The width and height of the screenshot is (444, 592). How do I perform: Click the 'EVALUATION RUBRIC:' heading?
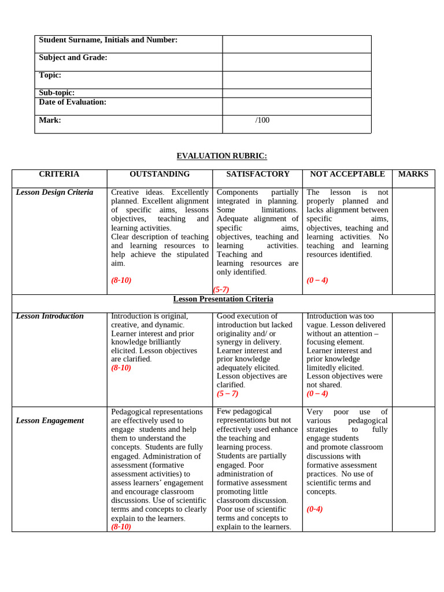pos(221,156)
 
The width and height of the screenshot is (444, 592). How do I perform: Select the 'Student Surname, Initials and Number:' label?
pos(108,40)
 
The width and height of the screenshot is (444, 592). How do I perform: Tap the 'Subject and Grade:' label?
pos(73,58)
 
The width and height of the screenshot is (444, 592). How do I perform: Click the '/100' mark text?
pos(262,120)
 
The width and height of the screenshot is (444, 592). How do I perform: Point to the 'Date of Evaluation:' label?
pos(72,102)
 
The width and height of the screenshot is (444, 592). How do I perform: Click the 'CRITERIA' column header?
pos(59,174)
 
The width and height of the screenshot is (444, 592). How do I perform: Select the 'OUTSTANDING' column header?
pos(159,174)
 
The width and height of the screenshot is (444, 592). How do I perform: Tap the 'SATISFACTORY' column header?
pos(257,174)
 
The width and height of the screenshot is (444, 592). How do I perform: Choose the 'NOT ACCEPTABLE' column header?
pos(347,174)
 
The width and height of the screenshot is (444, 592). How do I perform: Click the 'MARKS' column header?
pos(413,174)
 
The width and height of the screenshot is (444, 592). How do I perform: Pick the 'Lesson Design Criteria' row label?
pos(54,193)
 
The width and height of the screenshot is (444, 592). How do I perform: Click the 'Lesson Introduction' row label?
pos(50,316)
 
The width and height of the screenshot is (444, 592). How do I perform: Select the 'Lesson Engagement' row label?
pos(50,421)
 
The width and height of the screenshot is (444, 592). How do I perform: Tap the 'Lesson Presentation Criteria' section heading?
pos(223,299)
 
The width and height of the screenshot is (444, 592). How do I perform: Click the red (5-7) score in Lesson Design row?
pos(221,290)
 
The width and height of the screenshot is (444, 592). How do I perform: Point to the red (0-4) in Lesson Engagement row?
pos(314,509)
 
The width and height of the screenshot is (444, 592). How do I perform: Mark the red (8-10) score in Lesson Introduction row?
pos(121,368)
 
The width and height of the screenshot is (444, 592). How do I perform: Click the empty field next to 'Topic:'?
pos(297,80)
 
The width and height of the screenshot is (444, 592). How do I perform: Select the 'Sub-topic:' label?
pos(57,93)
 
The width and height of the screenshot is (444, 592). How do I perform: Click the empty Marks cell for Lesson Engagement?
pos(413,468)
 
